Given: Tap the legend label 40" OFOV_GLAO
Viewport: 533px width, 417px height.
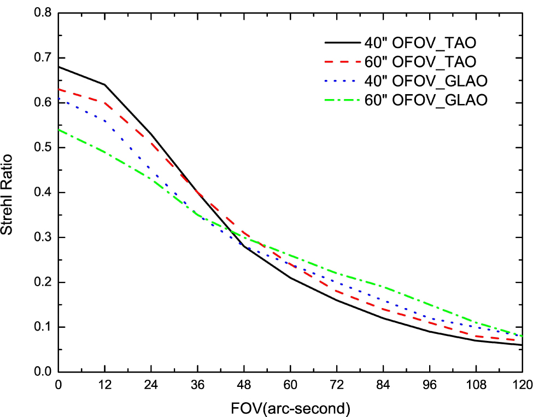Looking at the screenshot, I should point(424,80).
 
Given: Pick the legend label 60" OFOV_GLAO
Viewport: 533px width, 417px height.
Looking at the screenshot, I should point(424,100).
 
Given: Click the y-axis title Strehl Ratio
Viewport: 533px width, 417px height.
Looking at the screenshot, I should point(9,193).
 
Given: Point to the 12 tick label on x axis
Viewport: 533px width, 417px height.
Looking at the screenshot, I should point(104,384).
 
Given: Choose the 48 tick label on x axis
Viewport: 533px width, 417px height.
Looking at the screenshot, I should point(244,384).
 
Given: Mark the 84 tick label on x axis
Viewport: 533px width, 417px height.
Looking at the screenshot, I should point(383,384).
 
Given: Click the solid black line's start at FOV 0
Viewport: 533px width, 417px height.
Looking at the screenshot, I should point(58,67).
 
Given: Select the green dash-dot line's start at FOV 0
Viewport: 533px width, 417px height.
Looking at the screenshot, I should point(58,130).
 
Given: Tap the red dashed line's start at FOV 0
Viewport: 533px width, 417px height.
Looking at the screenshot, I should point(58,89).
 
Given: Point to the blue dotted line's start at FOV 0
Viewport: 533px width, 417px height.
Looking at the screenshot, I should point(58,99).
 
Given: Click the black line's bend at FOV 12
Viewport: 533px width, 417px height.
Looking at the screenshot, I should point(105,85).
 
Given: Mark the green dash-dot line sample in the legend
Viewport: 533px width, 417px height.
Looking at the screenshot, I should point(340,100).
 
